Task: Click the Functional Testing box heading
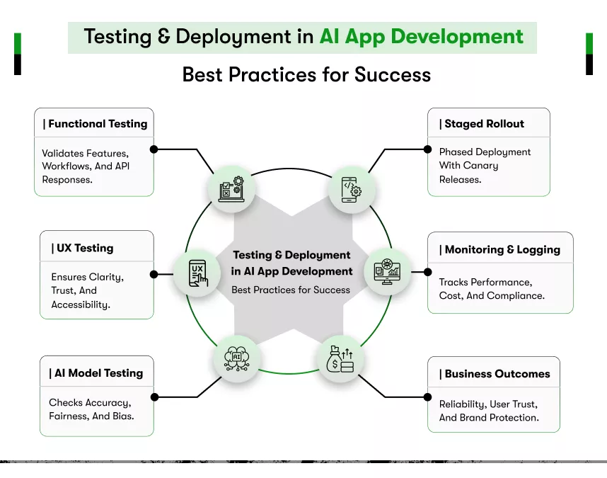click(95, 124)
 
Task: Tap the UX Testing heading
click(82, 248)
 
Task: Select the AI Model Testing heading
click(96, 373)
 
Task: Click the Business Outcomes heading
click(495, 374)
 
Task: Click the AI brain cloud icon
click(236, 358)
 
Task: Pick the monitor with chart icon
click(387, 271)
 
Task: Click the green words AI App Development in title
click(421, 37)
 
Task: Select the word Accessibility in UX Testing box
click(80, 305)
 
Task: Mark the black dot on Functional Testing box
click(154, 149)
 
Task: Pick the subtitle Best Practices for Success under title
click(306, 74)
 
